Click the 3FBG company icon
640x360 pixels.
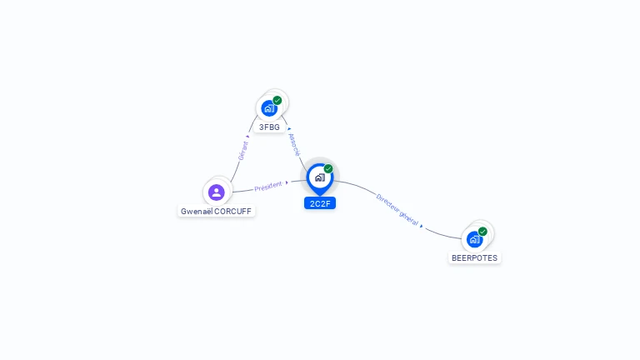click(x=268, y=108)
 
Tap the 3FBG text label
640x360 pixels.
click(x=269, y=127)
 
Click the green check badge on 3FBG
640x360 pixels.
click(x=277, y=101)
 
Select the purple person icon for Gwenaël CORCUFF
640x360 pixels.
click(x=217, y=192)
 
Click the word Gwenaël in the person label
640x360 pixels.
click(x=197, y=212)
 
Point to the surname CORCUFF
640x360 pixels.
click(x=233, y=212)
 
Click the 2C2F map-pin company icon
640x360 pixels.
click(x=319, y=177)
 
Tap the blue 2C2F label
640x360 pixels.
click(x=320, y=203)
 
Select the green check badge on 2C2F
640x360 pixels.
click(x=328, y=169)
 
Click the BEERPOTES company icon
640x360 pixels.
click(x=474, y=240)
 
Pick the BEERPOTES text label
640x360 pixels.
click(x=474, y=258)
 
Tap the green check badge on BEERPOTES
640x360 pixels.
click(x=482, y=232)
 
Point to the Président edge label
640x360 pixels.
click(x=268, y=187)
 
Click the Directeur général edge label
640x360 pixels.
click(x=397, y=209)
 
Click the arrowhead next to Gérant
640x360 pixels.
click(x=247, y=136)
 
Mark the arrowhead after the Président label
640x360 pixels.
click(x=287, y=182)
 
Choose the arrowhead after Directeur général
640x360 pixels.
click(x=422, y=226)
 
